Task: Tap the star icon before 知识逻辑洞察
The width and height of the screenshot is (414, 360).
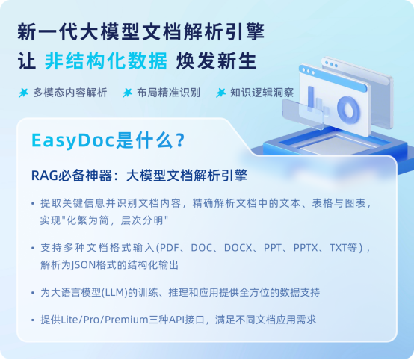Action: tap(220, 93)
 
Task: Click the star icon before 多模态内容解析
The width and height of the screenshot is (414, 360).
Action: tap(23, 93)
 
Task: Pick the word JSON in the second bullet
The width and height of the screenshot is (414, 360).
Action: tap(89, 264)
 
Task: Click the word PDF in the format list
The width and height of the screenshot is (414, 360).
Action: tap(167, 248)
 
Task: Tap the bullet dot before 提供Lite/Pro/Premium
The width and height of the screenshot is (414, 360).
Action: tap(32, 319)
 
